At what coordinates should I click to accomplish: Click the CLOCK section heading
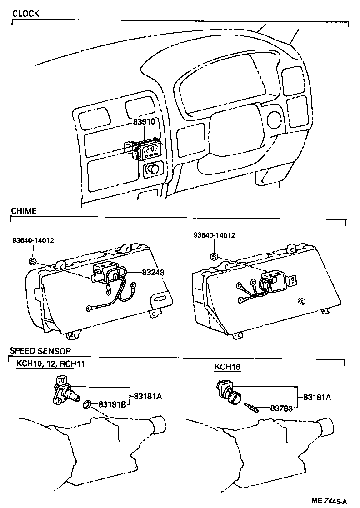(x=25, y=14)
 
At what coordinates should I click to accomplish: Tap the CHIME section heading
(x=23, y=211)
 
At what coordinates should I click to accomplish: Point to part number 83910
(x=144, y=122)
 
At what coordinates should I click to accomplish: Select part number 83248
(x=153, y=272)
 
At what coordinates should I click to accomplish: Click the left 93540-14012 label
(x=33, y=240)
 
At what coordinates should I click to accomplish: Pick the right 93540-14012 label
(x=214, y=235)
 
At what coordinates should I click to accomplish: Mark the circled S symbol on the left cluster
(x=32, y=261)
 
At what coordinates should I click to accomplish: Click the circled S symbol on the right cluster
(x=214, y=257)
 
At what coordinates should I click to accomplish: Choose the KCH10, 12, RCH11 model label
(x=51, y=364)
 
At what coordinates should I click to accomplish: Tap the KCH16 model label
(x=226, y=366)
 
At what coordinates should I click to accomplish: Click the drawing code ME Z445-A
(x=330, y=501)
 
